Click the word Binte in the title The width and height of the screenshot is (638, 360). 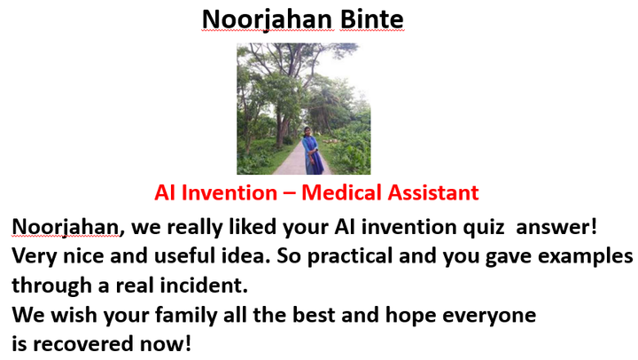(371, 20)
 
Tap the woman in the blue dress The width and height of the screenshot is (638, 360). (313, 151)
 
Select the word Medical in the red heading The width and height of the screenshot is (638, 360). (342, 192)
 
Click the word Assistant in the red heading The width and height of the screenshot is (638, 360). (433, 192)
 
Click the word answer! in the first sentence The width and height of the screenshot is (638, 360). (556, 227)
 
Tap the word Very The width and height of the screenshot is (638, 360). (35, 256)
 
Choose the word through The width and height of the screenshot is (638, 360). (51, 286)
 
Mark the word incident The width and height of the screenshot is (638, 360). (204, 285)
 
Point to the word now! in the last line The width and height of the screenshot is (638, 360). (166, 344)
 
